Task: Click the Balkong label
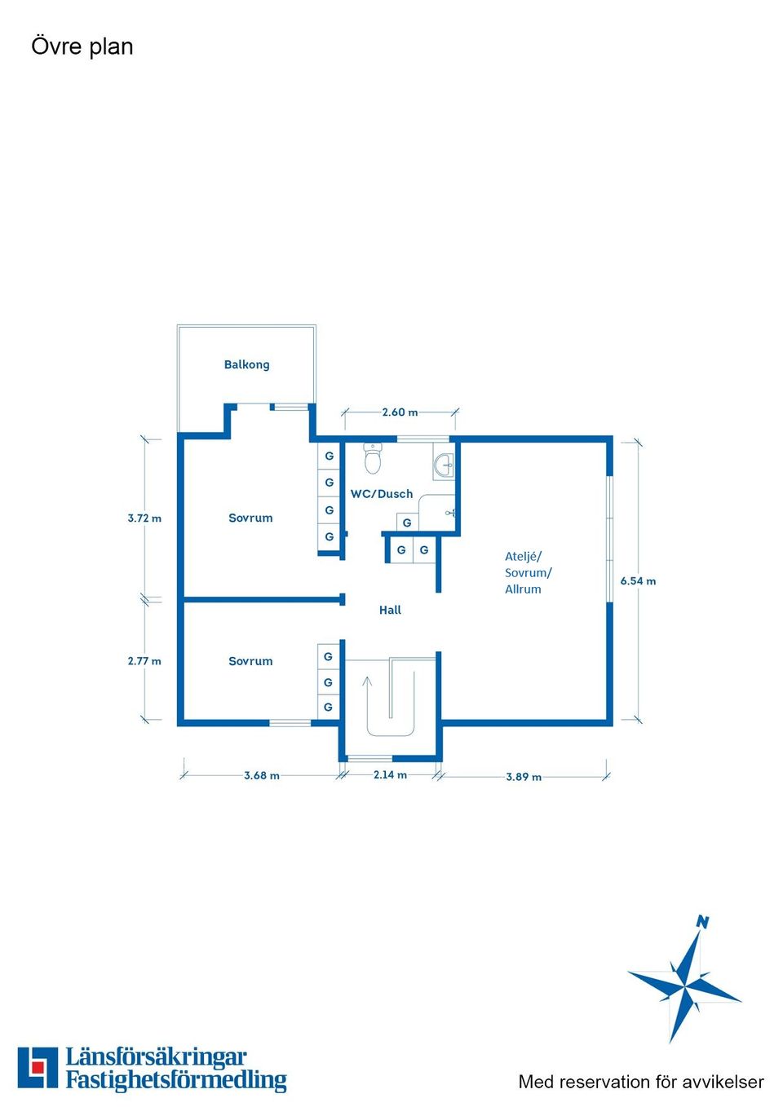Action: (x=246, y=364)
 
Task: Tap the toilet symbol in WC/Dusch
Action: (x=372, y=458)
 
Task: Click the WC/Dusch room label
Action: (x=382, y=494)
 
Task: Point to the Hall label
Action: (x=390, y=611)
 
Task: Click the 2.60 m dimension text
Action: (x=400, y=412)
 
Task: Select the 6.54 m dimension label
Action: (x=638, y=581)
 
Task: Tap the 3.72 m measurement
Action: (x=144, y=518)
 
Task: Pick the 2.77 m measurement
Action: (x=144, y=661)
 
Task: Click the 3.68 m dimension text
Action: (x=262, y=775)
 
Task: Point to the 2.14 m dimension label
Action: (x=390, y=774)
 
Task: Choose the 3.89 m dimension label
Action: (x=524, y=776)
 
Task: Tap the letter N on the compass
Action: (x=702, y=922)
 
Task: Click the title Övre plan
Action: (x=82, y=46)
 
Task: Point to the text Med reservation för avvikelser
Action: (x=641, y=1082)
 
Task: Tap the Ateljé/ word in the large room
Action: (x=523, y=557)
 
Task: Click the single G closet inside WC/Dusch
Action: (x=407, y=523)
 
